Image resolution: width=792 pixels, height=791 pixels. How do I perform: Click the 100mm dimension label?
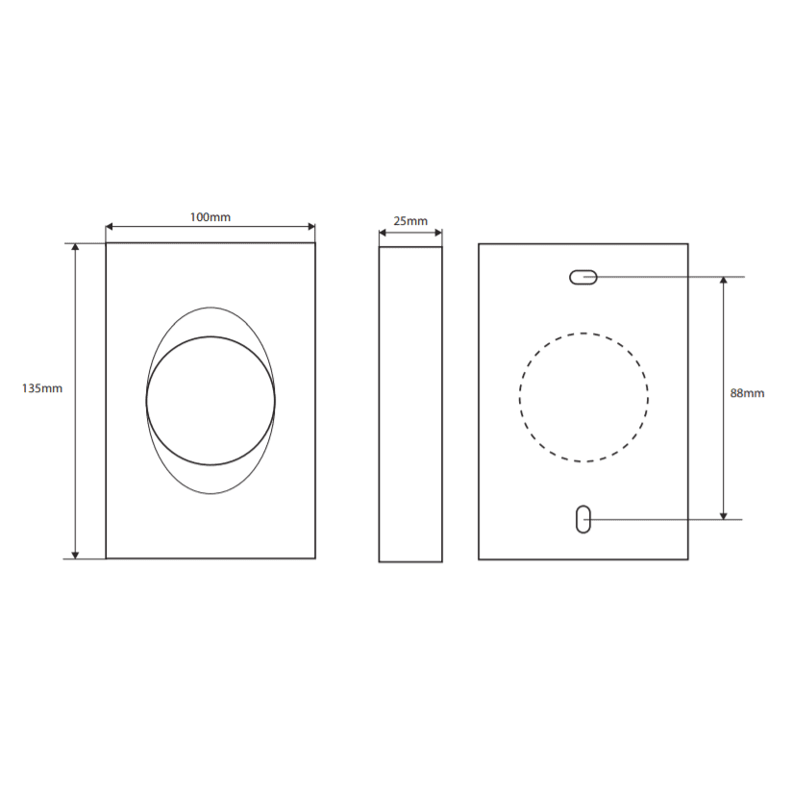point(210,217)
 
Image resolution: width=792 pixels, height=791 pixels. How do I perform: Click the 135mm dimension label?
point(42,388)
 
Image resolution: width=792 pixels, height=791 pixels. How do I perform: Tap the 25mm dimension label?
point(410,221)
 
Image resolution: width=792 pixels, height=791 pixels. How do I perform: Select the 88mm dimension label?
point(747,393)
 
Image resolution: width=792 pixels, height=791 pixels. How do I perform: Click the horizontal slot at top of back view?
point(582,278)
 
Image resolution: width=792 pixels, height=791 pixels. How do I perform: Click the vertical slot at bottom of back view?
point(582,519)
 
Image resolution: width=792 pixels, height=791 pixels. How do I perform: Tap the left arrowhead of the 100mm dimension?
point(110,227)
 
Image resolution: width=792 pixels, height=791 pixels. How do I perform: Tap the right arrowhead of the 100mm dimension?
point(311,227)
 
